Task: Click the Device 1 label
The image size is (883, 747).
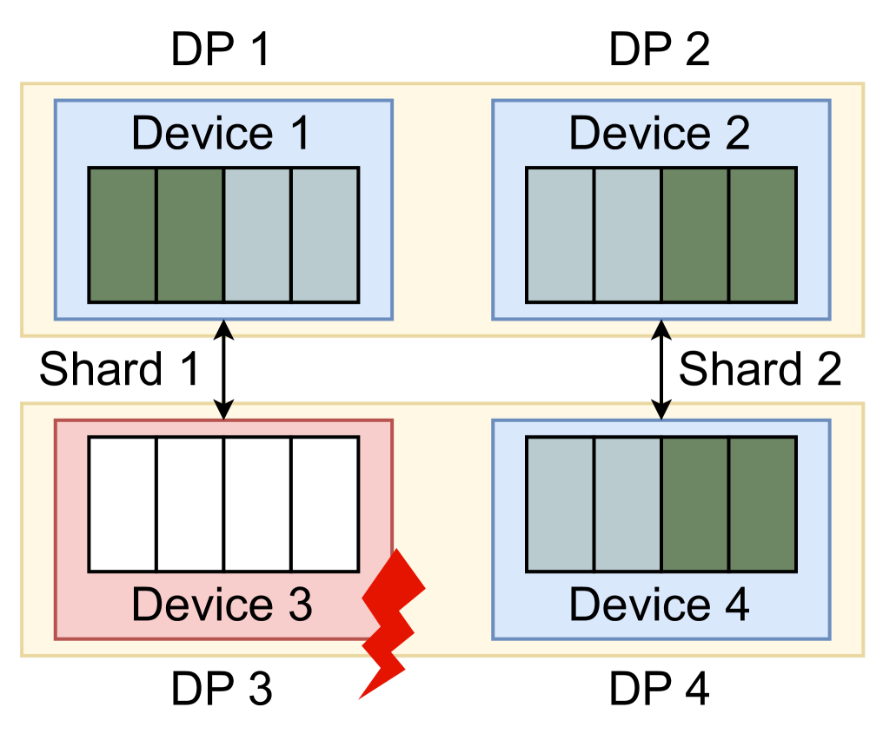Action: pyautogui.click(x=221, y=134)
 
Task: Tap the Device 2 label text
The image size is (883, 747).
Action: pyautogui.click(x=659, y=134)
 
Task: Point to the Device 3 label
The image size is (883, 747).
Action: pyautogui.click(x=221, y=605)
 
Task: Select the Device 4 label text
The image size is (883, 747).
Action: pyautogui.click(x=659, y=605)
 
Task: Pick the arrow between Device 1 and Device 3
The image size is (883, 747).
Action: pyautogui.click(x=223, y=369)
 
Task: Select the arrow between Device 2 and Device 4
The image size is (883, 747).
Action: pyautogui.click(x=661, y=369)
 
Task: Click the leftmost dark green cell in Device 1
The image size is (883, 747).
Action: pyautogui.click(x=123, y=235)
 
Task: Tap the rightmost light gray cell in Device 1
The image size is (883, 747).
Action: pyautogui.click(x=325, y=235)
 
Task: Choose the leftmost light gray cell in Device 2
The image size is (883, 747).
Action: pyautogui.click(x=561, y=235)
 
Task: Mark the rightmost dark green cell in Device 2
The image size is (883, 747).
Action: pyautogui.click(x=762, y=235)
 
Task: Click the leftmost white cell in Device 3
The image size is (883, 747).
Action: pyautogui.click(x=123, y=504)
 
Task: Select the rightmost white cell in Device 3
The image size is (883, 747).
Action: pyautogui.click(x=325, y=504)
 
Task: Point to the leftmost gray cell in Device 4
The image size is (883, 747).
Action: pyautogui.click(x=561, y=504)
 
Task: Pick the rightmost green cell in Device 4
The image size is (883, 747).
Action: pyautogui.click(x=762, y=504)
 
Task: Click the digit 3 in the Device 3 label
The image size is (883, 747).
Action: pyautogui.click(x=298, y=605)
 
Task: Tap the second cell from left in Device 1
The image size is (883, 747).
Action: pyautogui.click(x=190, y=235)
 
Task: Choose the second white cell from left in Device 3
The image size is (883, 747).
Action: pyautogui.click(x=190, y=504)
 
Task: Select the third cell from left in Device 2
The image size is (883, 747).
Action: pyautogui.click(x=694, y=235)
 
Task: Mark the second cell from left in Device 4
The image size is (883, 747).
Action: pyautogui.click(x=627, y=504)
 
